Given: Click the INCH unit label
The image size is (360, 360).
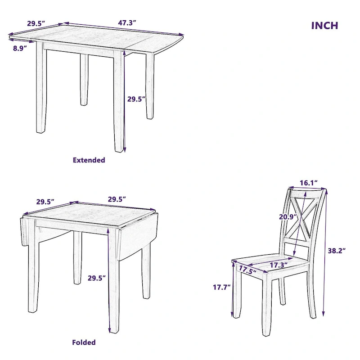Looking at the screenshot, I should pyautogui.click(x=324, y=25).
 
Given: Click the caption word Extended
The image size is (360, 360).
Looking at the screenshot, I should pyautogui.click(x=89, y=160).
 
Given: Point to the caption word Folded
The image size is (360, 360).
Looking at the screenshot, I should pyautogui.click(x=84, y=342).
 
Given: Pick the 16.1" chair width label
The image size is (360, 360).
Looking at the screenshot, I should pyautogui.click(x=309, y=183).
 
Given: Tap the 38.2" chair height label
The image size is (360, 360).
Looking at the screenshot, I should pyautogui.click(x=336, y=251).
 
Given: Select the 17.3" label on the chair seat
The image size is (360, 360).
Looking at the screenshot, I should pyautogui.click(x=279, y=265).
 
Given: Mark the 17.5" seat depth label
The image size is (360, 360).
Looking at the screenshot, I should pyautogui.click(x=247, y=270).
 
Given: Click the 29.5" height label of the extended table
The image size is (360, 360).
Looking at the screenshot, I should pyautogui.click(x=136, y=99).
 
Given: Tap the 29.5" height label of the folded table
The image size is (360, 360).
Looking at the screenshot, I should pyautogui.click(x=97, y=278).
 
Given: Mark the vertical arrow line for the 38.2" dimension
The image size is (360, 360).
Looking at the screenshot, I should pyautogui.click(x=324, y=252).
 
